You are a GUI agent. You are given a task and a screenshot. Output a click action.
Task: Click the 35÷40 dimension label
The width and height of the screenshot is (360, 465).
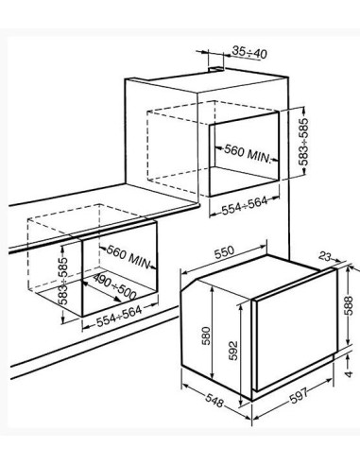point(249,52)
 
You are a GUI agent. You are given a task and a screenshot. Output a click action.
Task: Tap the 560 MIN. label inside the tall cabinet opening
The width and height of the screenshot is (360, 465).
point(248,153)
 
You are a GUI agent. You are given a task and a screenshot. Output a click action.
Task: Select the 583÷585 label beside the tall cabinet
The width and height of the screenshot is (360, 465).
point(303,142)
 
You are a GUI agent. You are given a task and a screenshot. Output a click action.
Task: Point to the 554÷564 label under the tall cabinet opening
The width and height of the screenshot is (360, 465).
point(245,205)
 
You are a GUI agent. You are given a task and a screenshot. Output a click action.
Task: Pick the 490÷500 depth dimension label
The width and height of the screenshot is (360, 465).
point(114,287)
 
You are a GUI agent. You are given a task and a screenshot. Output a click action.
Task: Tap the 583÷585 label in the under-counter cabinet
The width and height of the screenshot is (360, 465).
point(63,281)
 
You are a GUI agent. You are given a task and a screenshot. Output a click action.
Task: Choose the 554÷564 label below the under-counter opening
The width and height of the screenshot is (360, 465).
point(119,317)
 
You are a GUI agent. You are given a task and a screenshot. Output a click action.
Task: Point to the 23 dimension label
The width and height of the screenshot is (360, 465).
point(325,256)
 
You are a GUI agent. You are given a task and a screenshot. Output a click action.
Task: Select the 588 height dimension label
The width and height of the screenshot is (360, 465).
point(348,305)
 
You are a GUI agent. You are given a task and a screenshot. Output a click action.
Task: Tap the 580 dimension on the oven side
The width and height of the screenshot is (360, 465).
point(206,336)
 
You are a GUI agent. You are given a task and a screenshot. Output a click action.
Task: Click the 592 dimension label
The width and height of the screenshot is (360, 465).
point(231,351)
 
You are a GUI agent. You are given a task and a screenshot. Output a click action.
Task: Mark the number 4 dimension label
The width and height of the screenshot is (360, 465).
point(349,374)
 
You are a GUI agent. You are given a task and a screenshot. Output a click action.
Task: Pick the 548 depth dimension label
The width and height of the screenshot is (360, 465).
point(214,400)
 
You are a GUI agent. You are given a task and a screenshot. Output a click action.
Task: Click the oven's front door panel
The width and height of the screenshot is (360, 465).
point(295,331)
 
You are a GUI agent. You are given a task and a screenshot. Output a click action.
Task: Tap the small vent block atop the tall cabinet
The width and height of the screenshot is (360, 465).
point(216,68)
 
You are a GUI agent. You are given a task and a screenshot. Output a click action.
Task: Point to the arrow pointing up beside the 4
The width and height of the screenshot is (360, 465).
point(348,358)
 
